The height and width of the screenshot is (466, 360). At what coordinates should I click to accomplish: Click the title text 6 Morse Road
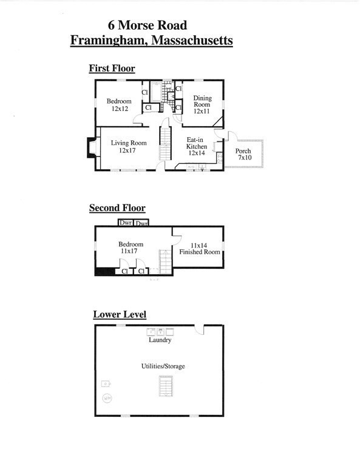(147, 25)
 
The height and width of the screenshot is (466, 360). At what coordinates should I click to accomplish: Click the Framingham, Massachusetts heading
(151, 41)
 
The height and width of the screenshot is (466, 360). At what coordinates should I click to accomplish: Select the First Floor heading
(112, 69)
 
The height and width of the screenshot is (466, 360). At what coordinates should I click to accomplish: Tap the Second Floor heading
(117, 208)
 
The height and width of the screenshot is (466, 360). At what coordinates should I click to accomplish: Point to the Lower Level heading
(119, 314)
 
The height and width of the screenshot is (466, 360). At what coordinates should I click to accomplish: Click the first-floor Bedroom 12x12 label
(119, 105)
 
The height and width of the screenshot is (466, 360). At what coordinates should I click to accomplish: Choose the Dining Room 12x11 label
(202, 104)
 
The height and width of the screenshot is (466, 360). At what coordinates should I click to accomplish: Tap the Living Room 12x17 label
(128, 147)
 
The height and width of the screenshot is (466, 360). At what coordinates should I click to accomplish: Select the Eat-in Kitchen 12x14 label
(197, 147)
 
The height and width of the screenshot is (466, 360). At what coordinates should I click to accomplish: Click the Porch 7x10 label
(243, 154)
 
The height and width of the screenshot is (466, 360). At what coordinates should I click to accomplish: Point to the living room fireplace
(91, 148)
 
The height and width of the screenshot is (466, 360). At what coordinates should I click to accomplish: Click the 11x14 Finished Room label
(199, 248)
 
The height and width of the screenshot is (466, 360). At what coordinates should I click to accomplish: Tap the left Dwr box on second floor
(125, 223)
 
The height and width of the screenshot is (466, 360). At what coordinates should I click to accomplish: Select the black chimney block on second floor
(104, 271)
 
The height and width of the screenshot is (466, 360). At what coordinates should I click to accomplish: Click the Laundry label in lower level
(160, 340)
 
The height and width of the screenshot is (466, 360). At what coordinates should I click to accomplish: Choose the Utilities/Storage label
(163, 366)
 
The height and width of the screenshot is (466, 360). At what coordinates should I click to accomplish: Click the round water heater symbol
(107, 399)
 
